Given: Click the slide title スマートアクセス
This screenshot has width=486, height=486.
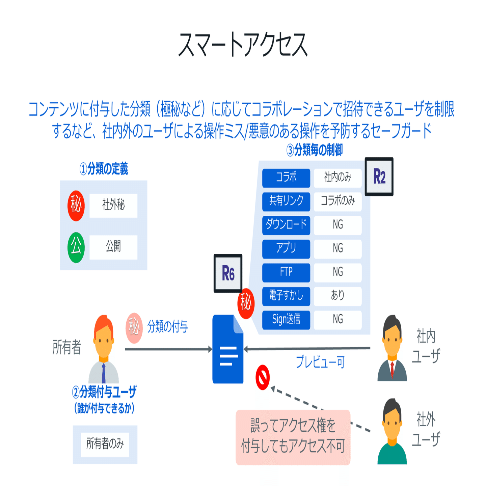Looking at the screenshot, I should [243, 45].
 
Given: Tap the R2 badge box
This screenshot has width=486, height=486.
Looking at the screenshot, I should [379, 177].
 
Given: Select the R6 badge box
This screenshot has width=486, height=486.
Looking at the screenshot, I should [228, 273].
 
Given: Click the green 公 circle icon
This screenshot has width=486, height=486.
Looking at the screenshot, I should [76, 247].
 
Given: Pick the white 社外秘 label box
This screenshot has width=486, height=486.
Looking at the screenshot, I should [113, 205].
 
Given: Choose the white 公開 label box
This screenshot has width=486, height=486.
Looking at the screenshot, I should [113, 247].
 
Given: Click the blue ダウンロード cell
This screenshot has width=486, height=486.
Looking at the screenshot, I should [286, 225].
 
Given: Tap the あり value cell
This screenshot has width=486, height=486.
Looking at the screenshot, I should [337, 296].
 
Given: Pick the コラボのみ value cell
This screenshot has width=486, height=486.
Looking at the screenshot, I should [337, 201].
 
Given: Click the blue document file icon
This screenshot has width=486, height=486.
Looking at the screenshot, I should [228, 349].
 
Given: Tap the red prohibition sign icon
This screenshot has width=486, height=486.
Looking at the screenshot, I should [263, 377].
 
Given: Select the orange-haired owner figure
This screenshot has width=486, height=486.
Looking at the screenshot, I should [104, 349].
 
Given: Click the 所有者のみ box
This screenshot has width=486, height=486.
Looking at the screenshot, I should [105, 444].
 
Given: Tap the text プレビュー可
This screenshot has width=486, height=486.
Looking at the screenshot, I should [320, 362].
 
